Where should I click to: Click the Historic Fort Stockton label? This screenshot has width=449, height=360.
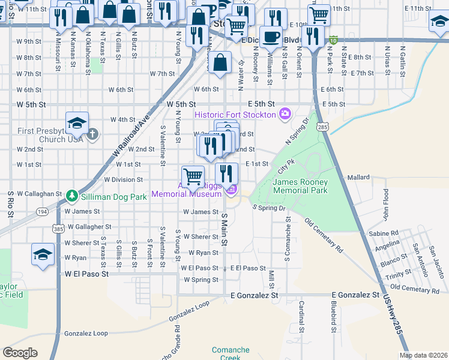[235, 115]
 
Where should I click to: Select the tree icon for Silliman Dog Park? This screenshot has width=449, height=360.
[71, 196]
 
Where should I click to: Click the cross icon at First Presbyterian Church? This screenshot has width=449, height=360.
[92, 134]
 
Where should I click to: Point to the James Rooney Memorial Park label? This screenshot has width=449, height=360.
[300, 186]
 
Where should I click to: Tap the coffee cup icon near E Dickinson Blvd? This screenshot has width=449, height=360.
[271, 37]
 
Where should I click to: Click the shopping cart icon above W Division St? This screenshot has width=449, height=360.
[193, 175]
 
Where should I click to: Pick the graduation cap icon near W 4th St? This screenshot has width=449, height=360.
[77, 124]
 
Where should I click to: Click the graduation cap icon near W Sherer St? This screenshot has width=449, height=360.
[43, 254]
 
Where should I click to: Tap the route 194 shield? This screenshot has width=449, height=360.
[43, 212]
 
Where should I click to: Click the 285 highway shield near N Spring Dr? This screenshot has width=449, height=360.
[323, 127]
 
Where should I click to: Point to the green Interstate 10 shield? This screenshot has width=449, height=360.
[332, 40]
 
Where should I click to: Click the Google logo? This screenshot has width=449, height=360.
[20, 352]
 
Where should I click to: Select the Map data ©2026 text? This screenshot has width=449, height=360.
[423, 355]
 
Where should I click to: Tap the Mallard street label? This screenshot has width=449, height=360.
[359, 178]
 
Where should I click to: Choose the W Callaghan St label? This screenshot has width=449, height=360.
[39, 194]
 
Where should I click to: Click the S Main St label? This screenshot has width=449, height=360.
[225, 229]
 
